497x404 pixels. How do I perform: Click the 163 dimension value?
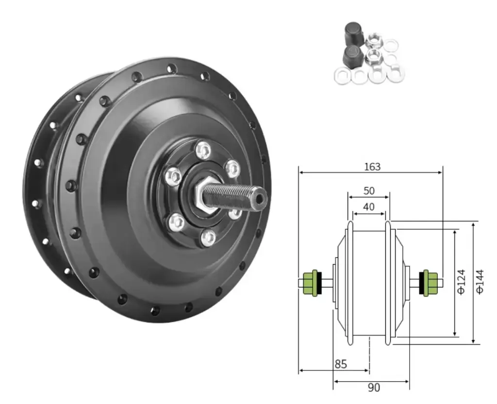(372, 167)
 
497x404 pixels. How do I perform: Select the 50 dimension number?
(369, 191)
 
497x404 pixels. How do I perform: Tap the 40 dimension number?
(368, 207)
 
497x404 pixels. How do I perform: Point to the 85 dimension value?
(341, 364)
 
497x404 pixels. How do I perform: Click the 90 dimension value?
(374, 387)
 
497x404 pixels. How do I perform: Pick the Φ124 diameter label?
(462, 282)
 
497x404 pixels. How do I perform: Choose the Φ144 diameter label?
(480, 282)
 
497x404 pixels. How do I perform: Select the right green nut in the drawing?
(430, 283)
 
